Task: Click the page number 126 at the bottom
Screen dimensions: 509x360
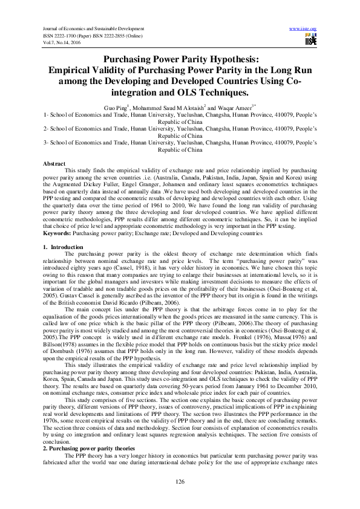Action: coord(180,481)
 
